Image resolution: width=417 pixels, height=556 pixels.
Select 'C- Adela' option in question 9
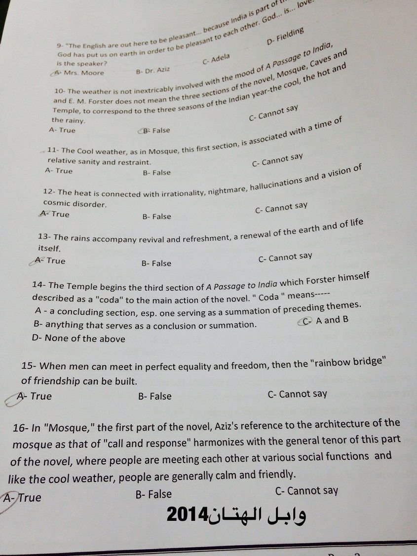pyautogui.click(x=216, y=59)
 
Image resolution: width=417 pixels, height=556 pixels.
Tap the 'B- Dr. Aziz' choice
pyautogui.click(x=152, y=71)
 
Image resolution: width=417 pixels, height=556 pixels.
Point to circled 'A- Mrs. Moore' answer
pyautogui.click(x=79, y=73)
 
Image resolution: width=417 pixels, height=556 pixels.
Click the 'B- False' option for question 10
pyautogui.click(x=155, y=130)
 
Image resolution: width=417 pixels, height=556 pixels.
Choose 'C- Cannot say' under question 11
pyautogui.click(x=277, y=160)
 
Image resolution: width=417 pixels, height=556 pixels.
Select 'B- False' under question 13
pyautogui.click(x=156, y=263)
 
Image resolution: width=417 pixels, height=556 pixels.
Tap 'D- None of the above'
pyautogui.click(x=78, y=338)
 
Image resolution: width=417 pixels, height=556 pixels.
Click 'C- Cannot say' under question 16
pyautogui.click(x=306, y=491)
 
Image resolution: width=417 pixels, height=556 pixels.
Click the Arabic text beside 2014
pyautogui.click(x=260, y=516)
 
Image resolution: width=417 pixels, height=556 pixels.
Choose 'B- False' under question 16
pyautogui.click(x=153, y=494)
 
